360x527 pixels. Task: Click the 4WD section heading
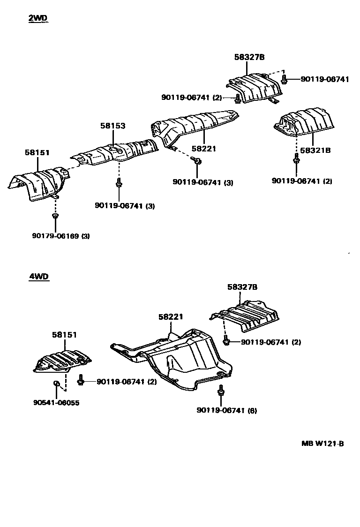39,277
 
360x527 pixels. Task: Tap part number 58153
112,126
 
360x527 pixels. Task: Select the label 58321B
315,151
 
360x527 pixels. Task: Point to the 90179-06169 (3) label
60,236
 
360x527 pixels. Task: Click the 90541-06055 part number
56,403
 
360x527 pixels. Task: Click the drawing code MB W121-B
322,444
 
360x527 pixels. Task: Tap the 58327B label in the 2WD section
249,57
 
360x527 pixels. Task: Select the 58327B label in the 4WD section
242,287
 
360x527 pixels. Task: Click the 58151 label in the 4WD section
64,335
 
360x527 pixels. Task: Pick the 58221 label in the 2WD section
203,149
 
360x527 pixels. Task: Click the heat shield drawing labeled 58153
115,153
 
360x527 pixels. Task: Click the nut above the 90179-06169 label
55,216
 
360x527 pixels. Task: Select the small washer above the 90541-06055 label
55,384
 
